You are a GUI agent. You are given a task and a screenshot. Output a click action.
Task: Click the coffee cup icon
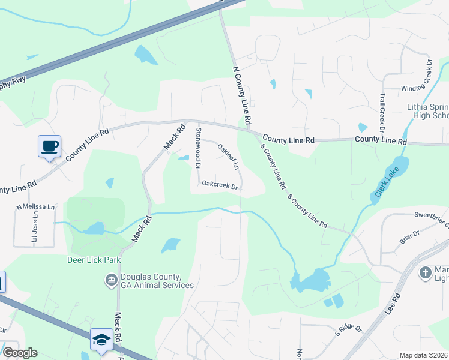click(49, 146)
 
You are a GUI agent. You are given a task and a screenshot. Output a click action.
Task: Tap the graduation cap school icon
click(101, 340)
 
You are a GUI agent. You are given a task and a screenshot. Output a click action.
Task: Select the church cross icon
click(425, 272)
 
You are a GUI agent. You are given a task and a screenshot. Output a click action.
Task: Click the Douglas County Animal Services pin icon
click(110, 280)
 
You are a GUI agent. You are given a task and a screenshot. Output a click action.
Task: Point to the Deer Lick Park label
click(94, 260)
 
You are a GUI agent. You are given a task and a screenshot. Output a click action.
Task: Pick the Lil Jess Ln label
click(35, 229)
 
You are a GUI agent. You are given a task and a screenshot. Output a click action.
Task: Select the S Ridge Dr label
click(348, 329)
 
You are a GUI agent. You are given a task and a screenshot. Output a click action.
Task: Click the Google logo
click(20, 353)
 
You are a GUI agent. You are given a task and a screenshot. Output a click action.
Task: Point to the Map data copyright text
click(424, 355)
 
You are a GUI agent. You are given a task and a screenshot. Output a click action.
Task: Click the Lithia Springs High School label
click(427, 111)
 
